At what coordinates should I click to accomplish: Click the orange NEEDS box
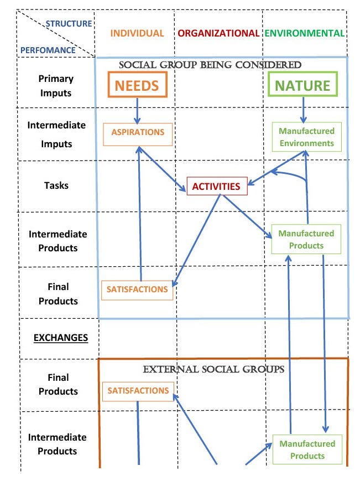coord(137,86)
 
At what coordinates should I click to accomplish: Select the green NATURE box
coord(302,86)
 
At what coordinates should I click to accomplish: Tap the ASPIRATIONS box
coord(138,133)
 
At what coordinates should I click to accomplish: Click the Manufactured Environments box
coord(306,137)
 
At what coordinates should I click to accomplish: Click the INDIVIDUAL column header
coord(137,33)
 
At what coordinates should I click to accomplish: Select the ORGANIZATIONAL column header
coord(218,33)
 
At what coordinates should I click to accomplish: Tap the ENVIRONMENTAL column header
coord(305,33)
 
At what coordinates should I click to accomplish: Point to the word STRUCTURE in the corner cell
coord(69,24)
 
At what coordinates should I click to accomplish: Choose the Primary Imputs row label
coord(55,86)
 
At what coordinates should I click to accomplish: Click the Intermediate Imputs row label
coord(56,135)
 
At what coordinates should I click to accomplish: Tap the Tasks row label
coord(56,185)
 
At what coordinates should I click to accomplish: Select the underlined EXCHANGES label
coord(61,337)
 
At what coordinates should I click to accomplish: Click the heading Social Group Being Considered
coord(211,65)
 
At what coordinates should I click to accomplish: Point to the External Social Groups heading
coord(213,369)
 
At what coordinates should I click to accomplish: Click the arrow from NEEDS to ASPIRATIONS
coord(138,110)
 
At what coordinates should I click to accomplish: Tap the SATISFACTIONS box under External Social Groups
coord(138,391)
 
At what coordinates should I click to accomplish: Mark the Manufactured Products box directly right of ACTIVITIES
coord(306,240)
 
